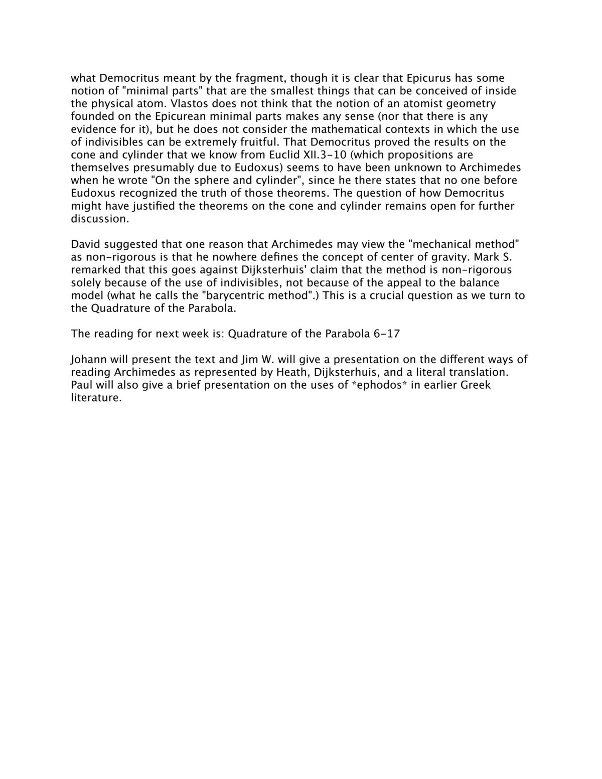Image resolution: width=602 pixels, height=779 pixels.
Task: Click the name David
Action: coord(86,244)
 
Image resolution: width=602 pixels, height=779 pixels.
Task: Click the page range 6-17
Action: coord(387,334)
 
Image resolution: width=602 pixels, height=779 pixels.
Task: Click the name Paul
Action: coord(81,385)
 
